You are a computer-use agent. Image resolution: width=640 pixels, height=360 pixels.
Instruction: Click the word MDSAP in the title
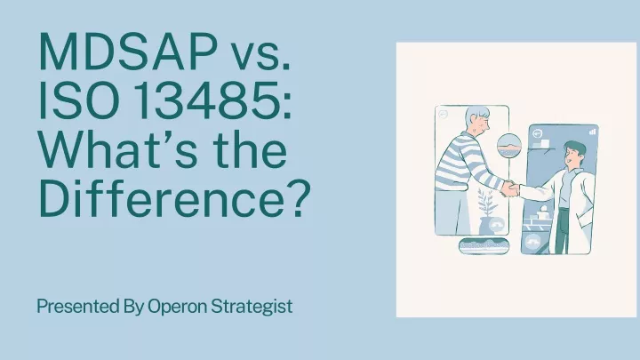pos(128,52)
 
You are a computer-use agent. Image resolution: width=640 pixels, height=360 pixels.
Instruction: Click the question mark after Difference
pos(299,197)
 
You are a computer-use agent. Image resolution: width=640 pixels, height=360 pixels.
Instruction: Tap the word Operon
pos(177,307)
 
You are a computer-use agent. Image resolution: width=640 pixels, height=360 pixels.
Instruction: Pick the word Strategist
pos(252,307)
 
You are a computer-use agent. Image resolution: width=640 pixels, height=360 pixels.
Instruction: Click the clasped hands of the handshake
pos(509,188)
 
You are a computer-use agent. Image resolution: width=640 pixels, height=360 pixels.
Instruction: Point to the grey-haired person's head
pos(477,119)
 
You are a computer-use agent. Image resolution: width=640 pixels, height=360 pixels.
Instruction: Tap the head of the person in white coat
pos(574,153)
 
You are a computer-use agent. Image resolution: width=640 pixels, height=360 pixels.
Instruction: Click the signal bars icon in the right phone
pos(593,132)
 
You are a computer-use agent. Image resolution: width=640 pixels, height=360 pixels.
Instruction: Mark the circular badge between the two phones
pos(509,146)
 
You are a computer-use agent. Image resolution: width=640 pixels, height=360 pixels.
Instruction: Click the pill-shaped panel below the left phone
pos(484,245)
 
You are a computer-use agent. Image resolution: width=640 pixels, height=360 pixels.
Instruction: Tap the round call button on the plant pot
pos(496,225)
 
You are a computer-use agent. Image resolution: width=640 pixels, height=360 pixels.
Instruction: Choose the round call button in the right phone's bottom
pos(532,244)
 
